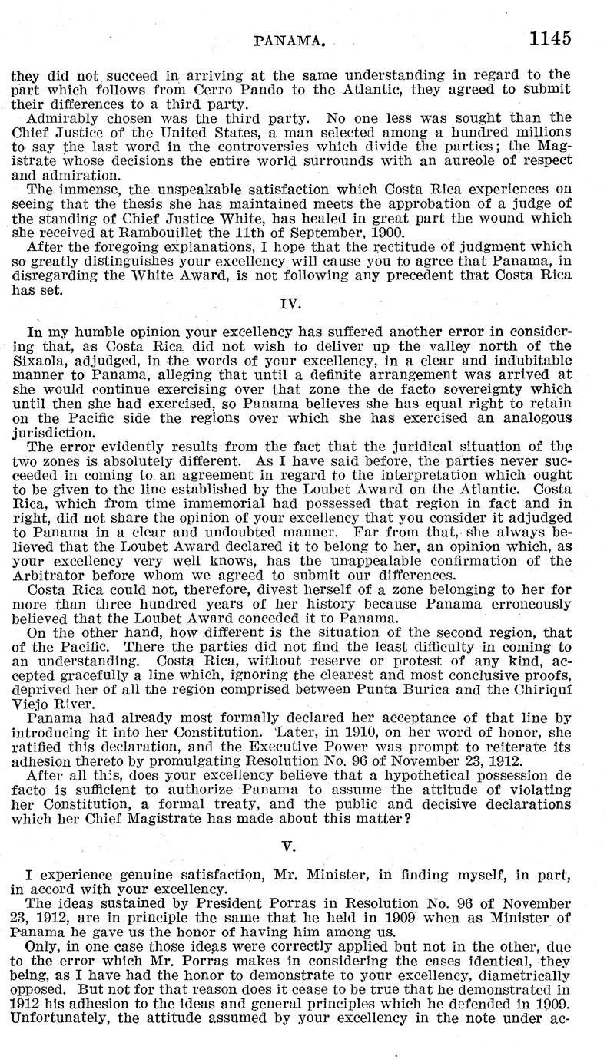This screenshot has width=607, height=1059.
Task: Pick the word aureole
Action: click(470, 160)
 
